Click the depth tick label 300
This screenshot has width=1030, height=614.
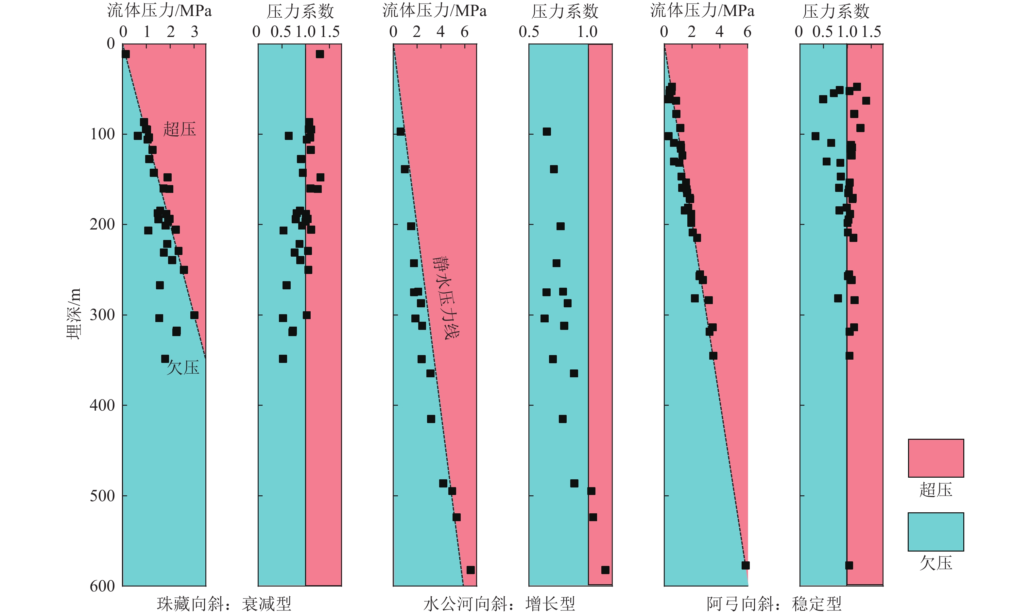[x=102, y=315]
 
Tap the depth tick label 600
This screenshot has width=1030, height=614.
[x=102, y=586]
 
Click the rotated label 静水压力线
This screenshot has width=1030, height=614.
[x=446, y=298]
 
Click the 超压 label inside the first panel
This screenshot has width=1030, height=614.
[x=179, y=129]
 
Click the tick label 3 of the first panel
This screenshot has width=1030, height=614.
[x=195, y=32]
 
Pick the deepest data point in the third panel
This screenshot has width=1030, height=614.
[x=471, y=570]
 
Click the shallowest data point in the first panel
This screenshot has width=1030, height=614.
[x=125, y=54]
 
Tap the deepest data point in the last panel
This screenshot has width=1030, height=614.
[x=849, y=565]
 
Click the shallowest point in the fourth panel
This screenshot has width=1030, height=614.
[x=547, y=131]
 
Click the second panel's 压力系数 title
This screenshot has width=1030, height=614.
[x=300, y=11]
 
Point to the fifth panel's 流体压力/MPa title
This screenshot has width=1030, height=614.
[x=702, y=10]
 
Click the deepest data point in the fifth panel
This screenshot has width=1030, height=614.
[x=745, y=565]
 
